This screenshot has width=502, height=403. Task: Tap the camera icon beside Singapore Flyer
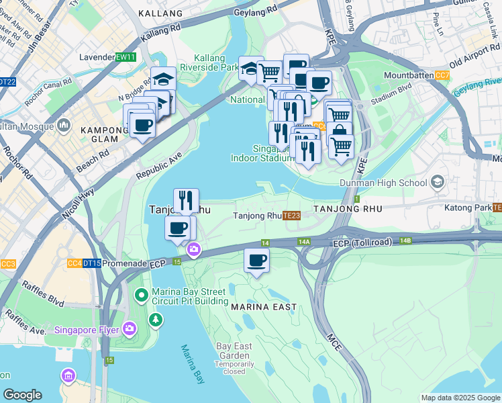[129, 329]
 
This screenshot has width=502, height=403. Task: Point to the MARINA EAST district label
[264, 307]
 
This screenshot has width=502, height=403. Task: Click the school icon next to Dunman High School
[438, 182]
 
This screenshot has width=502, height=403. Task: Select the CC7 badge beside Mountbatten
[442, 76]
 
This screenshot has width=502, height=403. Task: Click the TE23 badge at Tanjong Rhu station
[291, 216]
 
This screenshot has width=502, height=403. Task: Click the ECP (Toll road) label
[364, 242]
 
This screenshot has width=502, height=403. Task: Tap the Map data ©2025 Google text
[460, 398]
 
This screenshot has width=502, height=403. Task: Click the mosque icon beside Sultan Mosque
[64, 125]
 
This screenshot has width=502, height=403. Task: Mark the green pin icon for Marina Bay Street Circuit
[142, 295]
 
